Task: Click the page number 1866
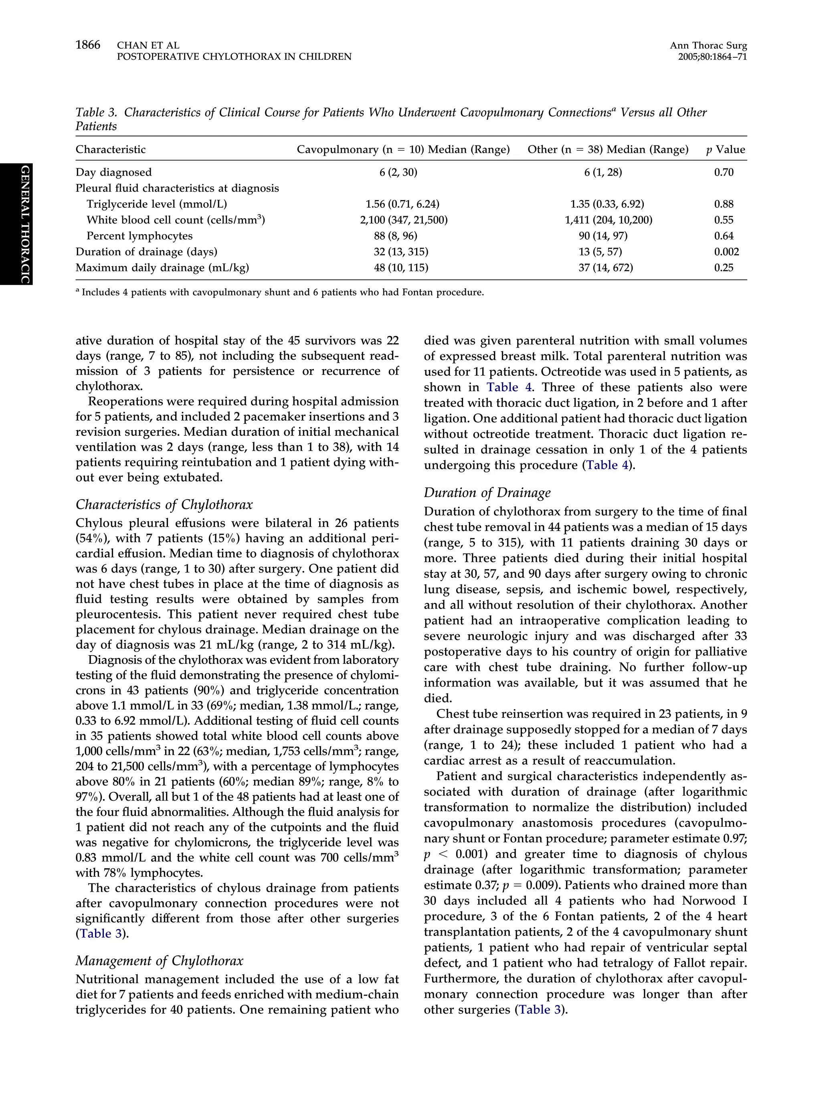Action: pyautogui.click(x=88, y=45)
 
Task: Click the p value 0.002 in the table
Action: pyautogui.click(x=726, y=251)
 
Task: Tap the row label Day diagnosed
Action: pyautogui.click(x=113, y=172)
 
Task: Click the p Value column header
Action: pyautogui.click(x=725, y=150)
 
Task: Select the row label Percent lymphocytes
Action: pyautogui.click(x=140, y=236)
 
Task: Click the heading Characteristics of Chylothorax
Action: pyautogui.click(x=164, y=504)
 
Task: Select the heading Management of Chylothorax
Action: pyautogui.click(x=159, y=961)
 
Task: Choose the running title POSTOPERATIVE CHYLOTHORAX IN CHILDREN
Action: pyautogui.click(x=234, y=57)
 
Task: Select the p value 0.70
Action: pyautogui.click(x=724, y=172)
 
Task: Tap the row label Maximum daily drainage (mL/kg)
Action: pyautogui.click(x=162, y=268)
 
